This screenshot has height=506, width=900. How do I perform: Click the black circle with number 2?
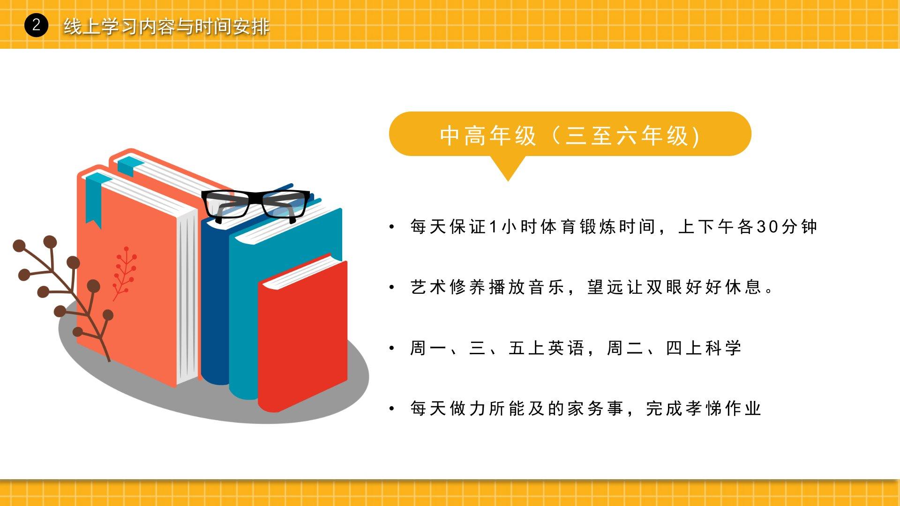point(36,25)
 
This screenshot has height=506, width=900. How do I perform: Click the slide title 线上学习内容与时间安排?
point(166,26)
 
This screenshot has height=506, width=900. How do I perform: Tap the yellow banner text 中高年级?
point(488,136)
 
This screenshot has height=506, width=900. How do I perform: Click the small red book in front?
point(303,333)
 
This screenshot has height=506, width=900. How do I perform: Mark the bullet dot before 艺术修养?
point(392,287)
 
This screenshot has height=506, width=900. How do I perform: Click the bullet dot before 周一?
point(392,348)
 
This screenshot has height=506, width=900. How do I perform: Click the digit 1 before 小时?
point(493,227)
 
